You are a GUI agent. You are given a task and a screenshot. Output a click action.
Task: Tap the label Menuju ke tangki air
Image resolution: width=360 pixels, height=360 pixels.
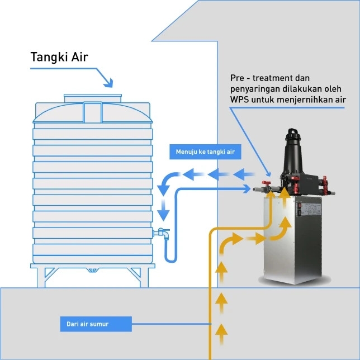[205, 151]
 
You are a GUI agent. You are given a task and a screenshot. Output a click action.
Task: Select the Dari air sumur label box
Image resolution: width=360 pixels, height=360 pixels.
[96, 324]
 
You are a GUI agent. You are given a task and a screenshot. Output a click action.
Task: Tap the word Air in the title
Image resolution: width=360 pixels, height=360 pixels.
[79, 57]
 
